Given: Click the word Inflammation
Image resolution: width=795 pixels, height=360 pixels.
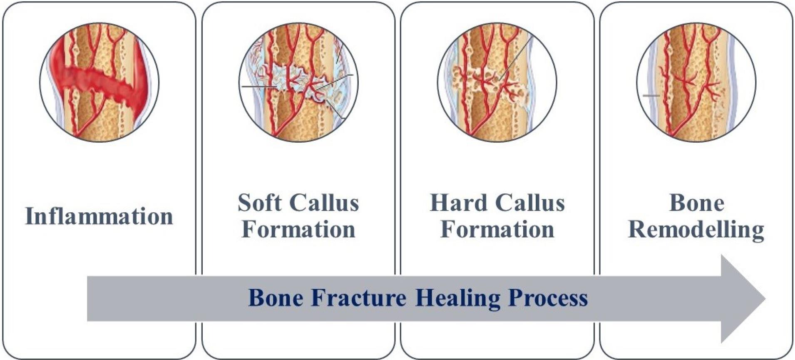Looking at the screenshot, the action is click(99, 216).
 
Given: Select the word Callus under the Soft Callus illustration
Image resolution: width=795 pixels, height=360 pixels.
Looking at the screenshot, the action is click(324, 203).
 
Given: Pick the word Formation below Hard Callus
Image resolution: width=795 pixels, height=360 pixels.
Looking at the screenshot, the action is click(497, 229).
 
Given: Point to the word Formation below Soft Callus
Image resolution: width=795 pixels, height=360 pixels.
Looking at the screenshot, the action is click(298, 229).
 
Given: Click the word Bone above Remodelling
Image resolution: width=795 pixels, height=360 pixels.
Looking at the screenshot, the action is click(697, 203).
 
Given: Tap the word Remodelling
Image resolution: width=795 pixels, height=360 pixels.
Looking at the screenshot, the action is click(696, 230).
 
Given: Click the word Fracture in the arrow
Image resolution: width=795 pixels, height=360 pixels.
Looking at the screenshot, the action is click(358, 298).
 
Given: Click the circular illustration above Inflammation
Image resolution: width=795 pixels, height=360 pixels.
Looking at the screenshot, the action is click(99, 82).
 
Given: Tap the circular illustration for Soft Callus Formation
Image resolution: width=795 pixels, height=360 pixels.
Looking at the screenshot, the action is click(298, 82).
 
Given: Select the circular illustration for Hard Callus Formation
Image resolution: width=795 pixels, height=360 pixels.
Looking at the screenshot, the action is click(497, 82).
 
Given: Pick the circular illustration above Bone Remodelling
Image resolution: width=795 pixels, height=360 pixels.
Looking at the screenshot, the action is click(696, 82).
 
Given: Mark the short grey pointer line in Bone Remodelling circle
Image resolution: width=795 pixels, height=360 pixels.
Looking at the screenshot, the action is click(651, 96).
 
